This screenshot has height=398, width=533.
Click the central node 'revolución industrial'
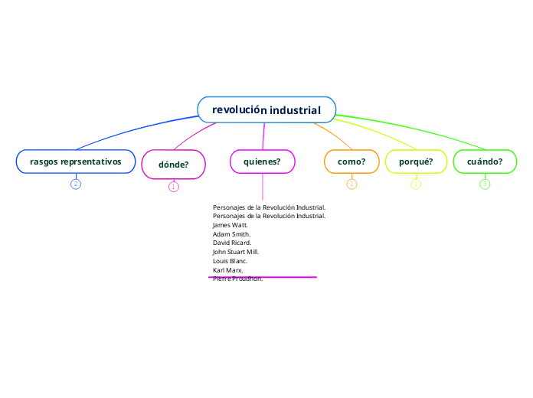coord(266,109)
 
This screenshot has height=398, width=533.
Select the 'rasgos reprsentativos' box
coord(75,161)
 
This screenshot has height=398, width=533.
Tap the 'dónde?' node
coord(173,164)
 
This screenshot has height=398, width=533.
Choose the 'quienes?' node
coord(262,161)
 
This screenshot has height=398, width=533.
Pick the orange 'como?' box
coord(352,161)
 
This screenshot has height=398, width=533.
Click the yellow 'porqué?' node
coord(416,161)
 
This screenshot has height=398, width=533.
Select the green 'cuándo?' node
coord(485,161)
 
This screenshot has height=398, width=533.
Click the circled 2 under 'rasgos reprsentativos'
coord(75,184)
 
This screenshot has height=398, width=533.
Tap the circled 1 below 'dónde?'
coord(173,186)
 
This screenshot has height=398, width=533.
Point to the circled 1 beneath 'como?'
coord(352,184)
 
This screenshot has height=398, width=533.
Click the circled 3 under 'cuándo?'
coord(485,184)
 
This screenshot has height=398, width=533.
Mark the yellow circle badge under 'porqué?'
coord(416,184)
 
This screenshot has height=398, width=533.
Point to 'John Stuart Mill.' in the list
coord(236,252)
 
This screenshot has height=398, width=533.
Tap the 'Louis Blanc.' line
coord(230,261)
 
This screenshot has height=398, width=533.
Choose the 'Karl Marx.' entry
coord(227,270)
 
